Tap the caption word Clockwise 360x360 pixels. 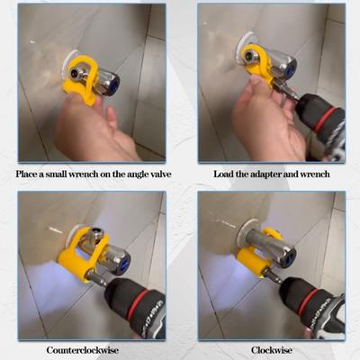pos(270,349)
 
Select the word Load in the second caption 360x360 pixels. pos(226,172)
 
